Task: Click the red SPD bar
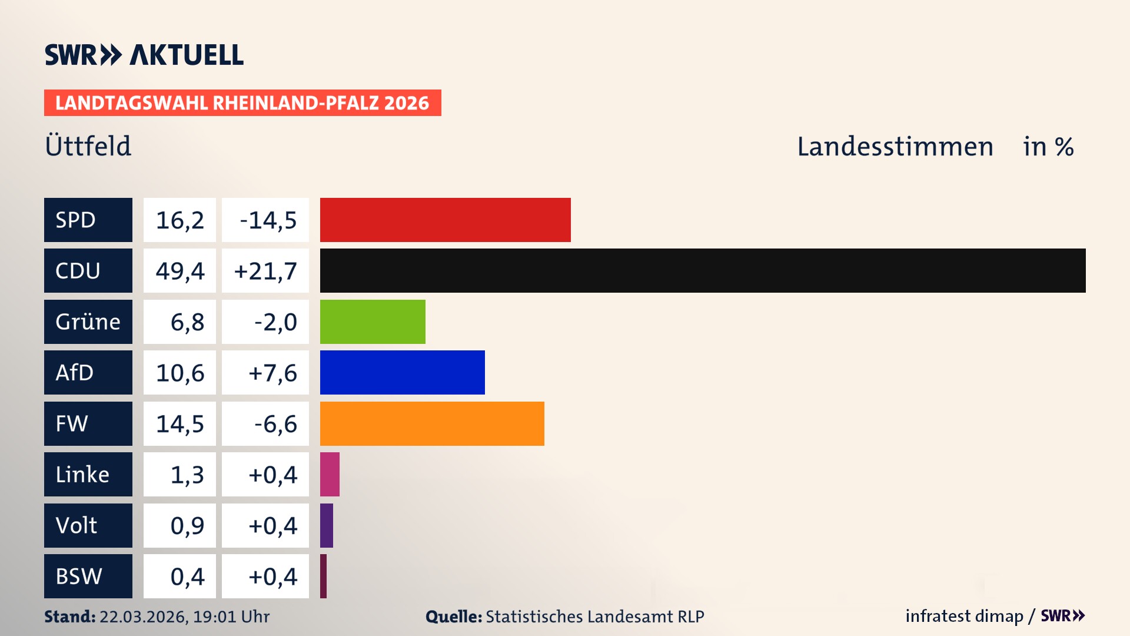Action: (445, 220)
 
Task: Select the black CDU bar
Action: (702, 270)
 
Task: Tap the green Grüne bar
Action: (373, 322)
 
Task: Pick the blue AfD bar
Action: (402, 372)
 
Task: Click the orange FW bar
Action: (432, 423)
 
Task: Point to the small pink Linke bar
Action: (330, 474)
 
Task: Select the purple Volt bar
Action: (327, 525)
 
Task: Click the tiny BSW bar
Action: (324, 576)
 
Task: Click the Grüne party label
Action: (88, 322)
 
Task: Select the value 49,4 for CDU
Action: (180, 271)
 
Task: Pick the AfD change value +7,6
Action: (272, 373)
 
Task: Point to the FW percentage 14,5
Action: (180, 424)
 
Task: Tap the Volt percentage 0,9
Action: (187, 525)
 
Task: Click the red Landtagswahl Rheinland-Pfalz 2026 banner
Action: (242, 103)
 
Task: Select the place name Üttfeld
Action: (88, 146)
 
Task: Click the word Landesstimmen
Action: (895, 147)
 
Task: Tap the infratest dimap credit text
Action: (963, 616)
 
